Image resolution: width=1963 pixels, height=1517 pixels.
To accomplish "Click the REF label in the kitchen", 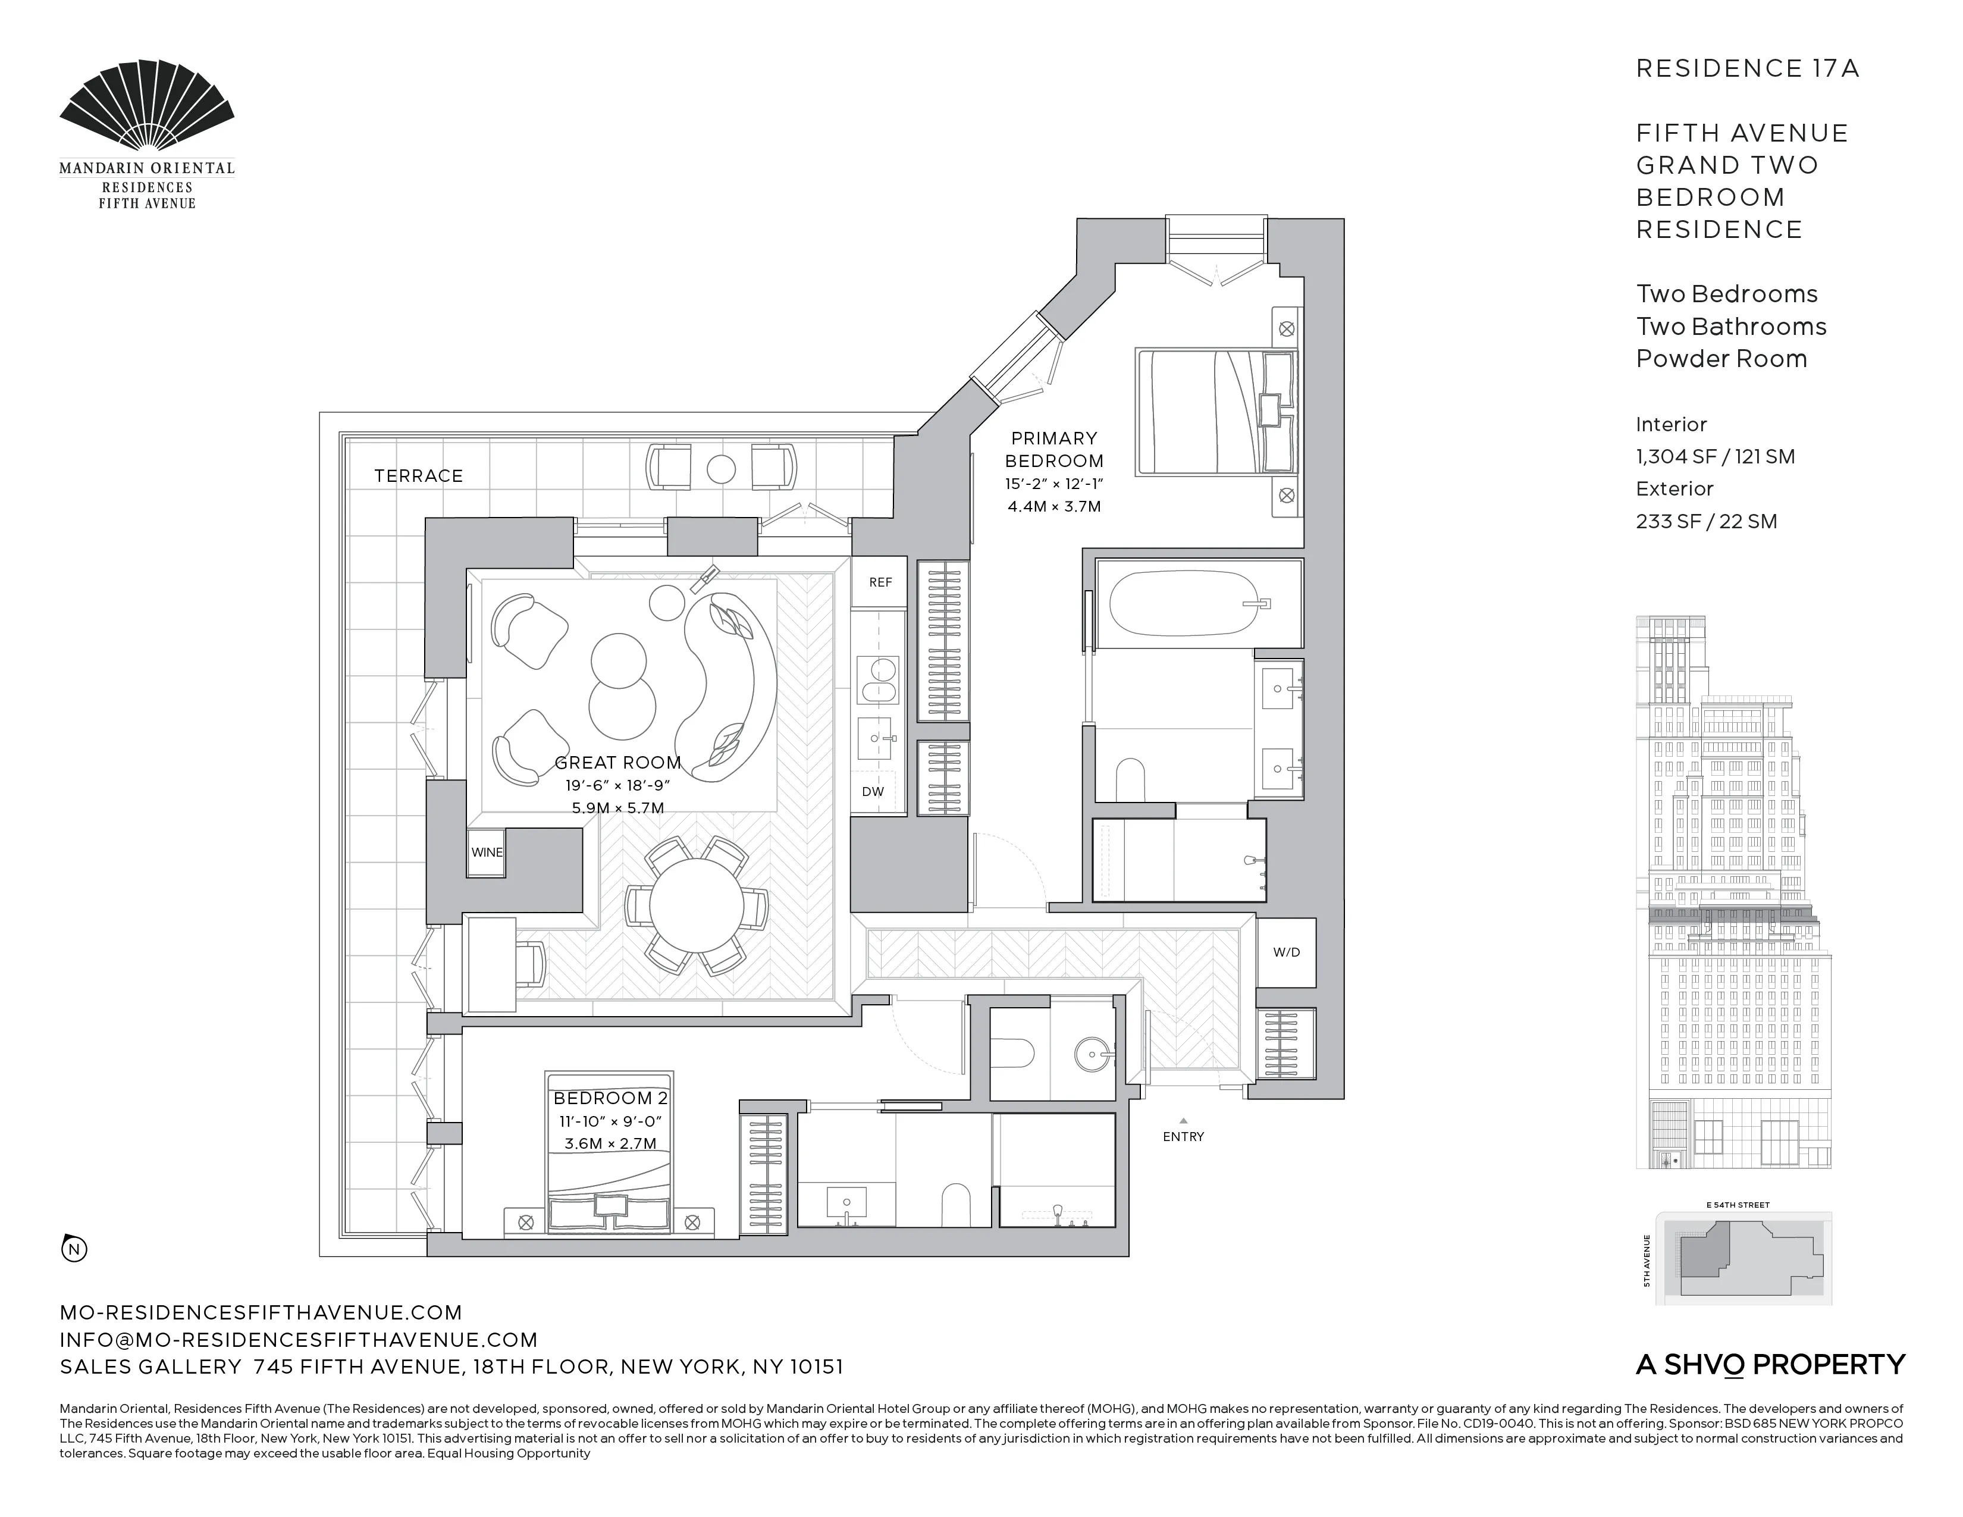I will coord(880,582).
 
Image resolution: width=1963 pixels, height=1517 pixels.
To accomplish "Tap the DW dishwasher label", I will coord(872,792).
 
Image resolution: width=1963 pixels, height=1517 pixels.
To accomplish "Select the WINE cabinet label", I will coord(486,852).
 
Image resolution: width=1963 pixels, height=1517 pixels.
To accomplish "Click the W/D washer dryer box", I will coord(1285,952).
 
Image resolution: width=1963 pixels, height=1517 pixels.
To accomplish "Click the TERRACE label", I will coord(418,477).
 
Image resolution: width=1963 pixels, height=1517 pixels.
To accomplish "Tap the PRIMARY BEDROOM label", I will coord(1053,449).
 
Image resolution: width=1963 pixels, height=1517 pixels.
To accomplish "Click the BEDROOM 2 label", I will coord(609,1098).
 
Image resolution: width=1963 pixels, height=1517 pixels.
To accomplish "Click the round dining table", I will coord(697,906).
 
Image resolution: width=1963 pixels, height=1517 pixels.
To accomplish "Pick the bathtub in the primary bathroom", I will coord(1184,604).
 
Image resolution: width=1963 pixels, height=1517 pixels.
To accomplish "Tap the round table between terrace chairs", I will coord(721,469).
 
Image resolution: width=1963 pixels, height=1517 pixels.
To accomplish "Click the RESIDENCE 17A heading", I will coord(1746,69).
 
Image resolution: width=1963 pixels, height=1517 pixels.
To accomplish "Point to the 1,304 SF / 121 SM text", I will coord(1714,456).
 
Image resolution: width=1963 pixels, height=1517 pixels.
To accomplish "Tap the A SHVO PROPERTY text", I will coord(1769,1365).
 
